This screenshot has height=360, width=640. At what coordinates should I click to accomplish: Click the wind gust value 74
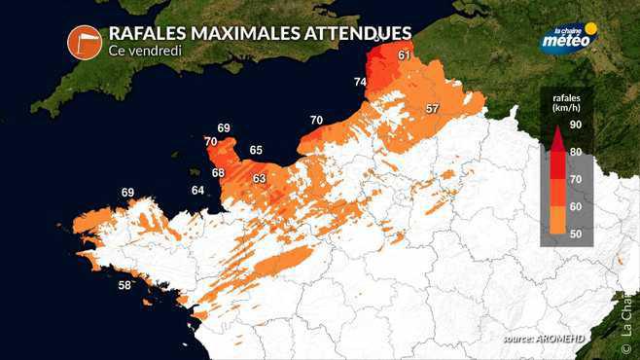pyautogui.click(x=360, y=83)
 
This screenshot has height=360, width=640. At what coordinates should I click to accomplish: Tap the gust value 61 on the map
pyautogui.click(x=405, y=55)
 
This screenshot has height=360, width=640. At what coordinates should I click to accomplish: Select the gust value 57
pyautogui.click(x=432, y=107)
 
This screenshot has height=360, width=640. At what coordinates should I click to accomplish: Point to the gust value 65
pyautogui.click(x=256, y=150)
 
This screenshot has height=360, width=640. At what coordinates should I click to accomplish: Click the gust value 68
pyautogui.click(x=218, y=172)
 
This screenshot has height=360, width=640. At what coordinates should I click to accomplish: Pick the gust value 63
pyautogui.click(x=259, y=179)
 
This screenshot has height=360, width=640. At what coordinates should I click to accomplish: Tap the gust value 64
pyautogui.click(x=197, y=190)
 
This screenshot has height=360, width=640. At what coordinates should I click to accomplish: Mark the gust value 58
pyautogui.click(x=124, y=285)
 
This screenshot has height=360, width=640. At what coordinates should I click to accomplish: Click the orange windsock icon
pyautogui.click(x=85, y=41)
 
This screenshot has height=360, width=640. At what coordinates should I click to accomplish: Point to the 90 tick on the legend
pyautogui.click(x=575, y=126)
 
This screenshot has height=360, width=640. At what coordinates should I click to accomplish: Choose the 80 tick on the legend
pyautogui.click(x=575, y=152)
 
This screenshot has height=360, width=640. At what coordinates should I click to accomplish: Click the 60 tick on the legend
pyautogui.click(x=575, y=206)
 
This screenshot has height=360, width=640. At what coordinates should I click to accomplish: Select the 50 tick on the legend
pyautogui.click(x=575, y=234)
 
